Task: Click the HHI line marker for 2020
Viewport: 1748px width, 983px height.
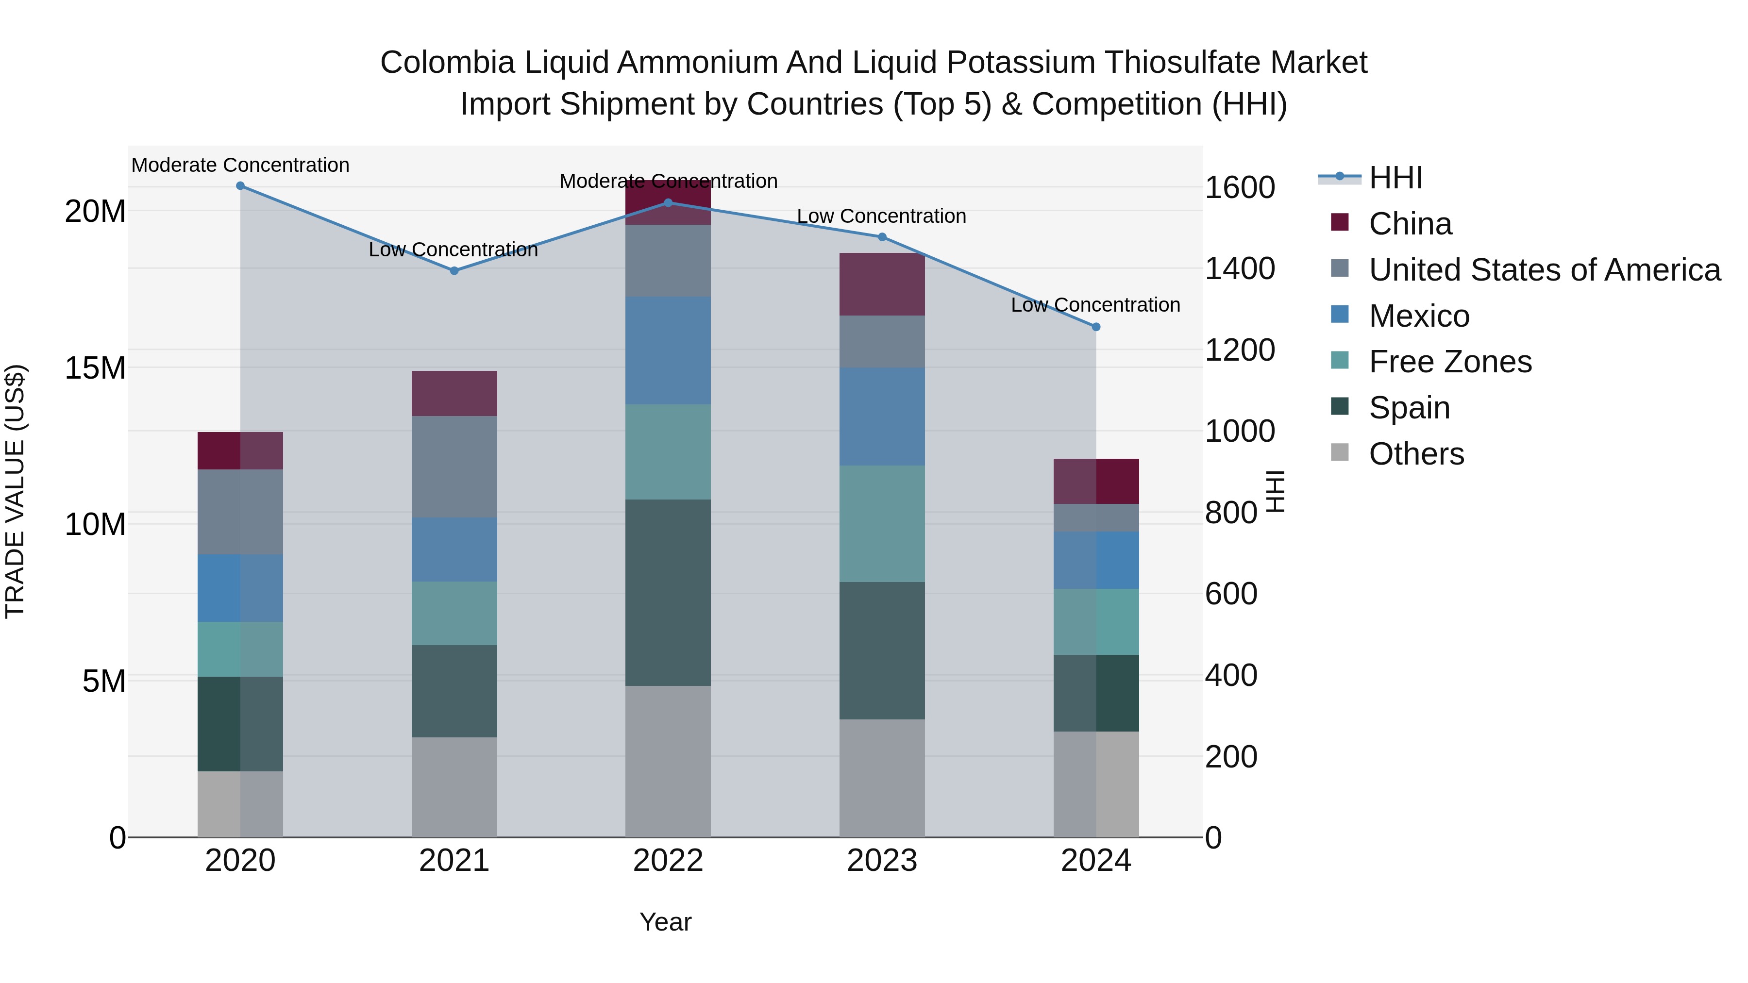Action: click(x=240, y=186)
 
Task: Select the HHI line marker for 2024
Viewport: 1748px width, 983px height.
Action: click(x=1096, y=327)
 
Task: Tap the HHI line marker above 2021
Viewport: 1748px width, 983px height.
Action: click(x=454, y=271)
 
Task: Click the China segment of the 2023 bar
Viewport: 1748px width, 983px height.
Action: click(x=882, y=284)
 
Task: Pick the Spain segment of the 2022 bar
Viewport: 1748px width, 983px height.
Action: click(x=668, y=592)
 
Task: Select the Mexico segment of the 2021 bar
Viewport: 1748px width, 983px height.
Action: click(x=454, y=550)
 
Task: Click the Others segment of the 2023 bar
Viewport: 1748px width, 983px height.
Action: click(x=882, y=778)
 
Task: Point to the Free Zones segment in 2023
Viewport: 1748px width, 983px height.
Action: click(x=882, y=524)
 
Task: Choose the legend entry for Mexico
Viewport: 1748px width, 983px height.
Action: click(x=1418, y=316)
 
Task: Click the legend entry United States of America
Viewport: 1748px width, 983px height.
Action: click(x=1544, y=270)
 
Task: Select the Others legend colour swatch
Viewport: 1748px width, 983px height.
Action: click(x=1340, y=452)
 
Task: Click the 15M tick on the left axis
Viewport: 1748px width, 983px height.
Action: click(x=95, y=368)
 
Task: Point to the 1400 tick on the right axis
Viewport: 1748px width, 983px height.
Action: click(x=1239, y=268)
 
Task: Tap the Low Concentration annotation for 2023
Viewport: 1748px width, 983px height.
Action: click(x=881, y=217)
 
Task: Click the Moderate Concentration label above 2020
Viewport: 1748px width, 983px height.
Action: click(x=240, y=166)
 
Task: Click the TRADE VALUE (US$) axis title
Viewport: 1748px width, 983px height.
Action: click(x=15, y=491)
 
